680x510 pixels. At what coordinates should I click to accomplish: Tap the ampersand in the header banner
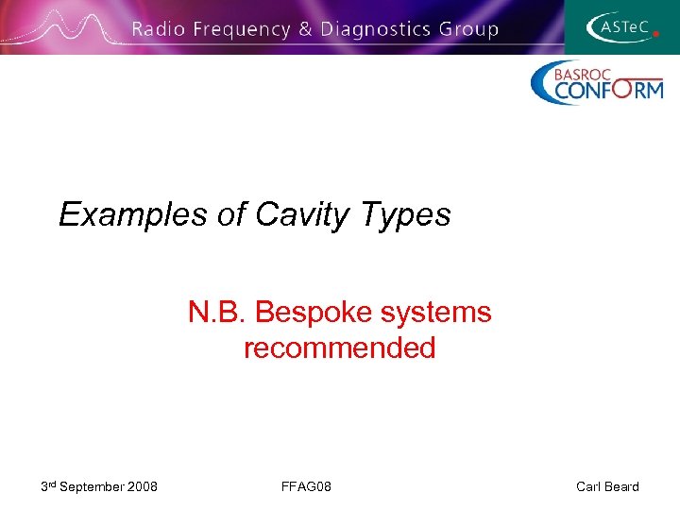(305, 29)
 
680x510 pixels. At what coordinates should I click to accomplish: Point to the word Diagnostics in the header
(375, 30)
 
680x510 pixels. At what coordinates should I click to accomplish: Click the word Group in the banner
(467, 30)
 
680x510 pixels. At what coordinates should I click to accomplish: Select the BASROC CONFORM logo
(596, 82)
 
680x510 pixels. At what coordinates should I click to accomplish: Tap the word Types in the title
(404, 215)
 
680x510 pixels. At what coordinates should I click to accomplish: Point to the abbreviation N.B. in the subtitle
(217, 312)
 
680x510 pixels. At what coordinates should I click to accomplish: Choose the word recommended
(339, 348)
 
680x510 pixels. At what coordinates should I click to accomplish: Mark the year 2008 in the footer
(142, 486)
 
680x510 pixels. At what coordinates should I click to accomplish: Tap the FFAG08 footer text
(306, 486)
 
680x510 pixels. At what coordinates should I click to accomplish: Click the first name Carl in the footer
(589, 486)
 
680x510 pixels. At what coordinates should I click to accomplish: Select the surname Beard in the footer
(622, 486)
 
